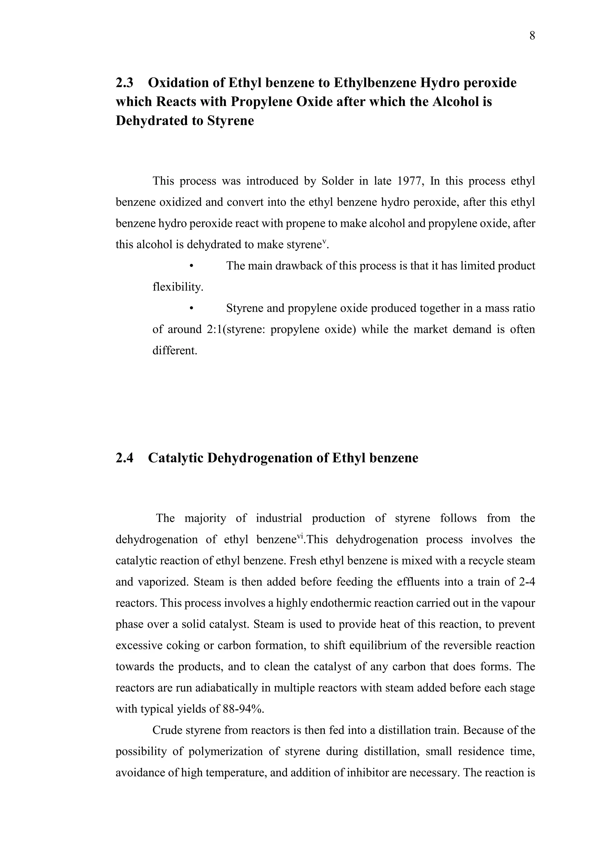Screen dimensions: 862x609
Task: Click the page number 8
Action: pos(532,36)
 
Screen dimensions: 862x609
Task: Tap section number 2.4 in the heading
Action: pos(125,458)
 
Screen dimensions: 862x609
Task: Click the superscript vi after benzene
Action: pos(300,536)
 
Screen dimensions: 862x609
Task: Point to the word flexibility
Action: pos(177,287)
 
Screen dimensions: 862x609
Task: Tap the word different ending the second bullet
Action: pos(174,351)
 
